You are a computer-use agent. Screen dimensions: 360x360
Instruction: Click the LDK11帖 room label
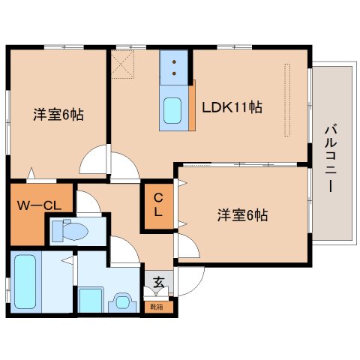[x=231, y=107]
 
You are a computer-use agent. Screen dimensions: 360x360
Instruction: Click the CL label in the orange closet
[x=159, y=205]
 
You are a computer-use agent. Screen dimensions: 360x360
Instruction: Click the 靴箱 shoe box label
[x=159, y=306]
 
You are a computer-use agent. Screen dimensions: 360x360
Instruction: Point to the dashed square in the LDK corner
[x=123, y=64]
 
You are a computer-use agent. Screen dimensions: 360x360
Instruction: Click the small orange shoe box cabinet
[x=159, y=306]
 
